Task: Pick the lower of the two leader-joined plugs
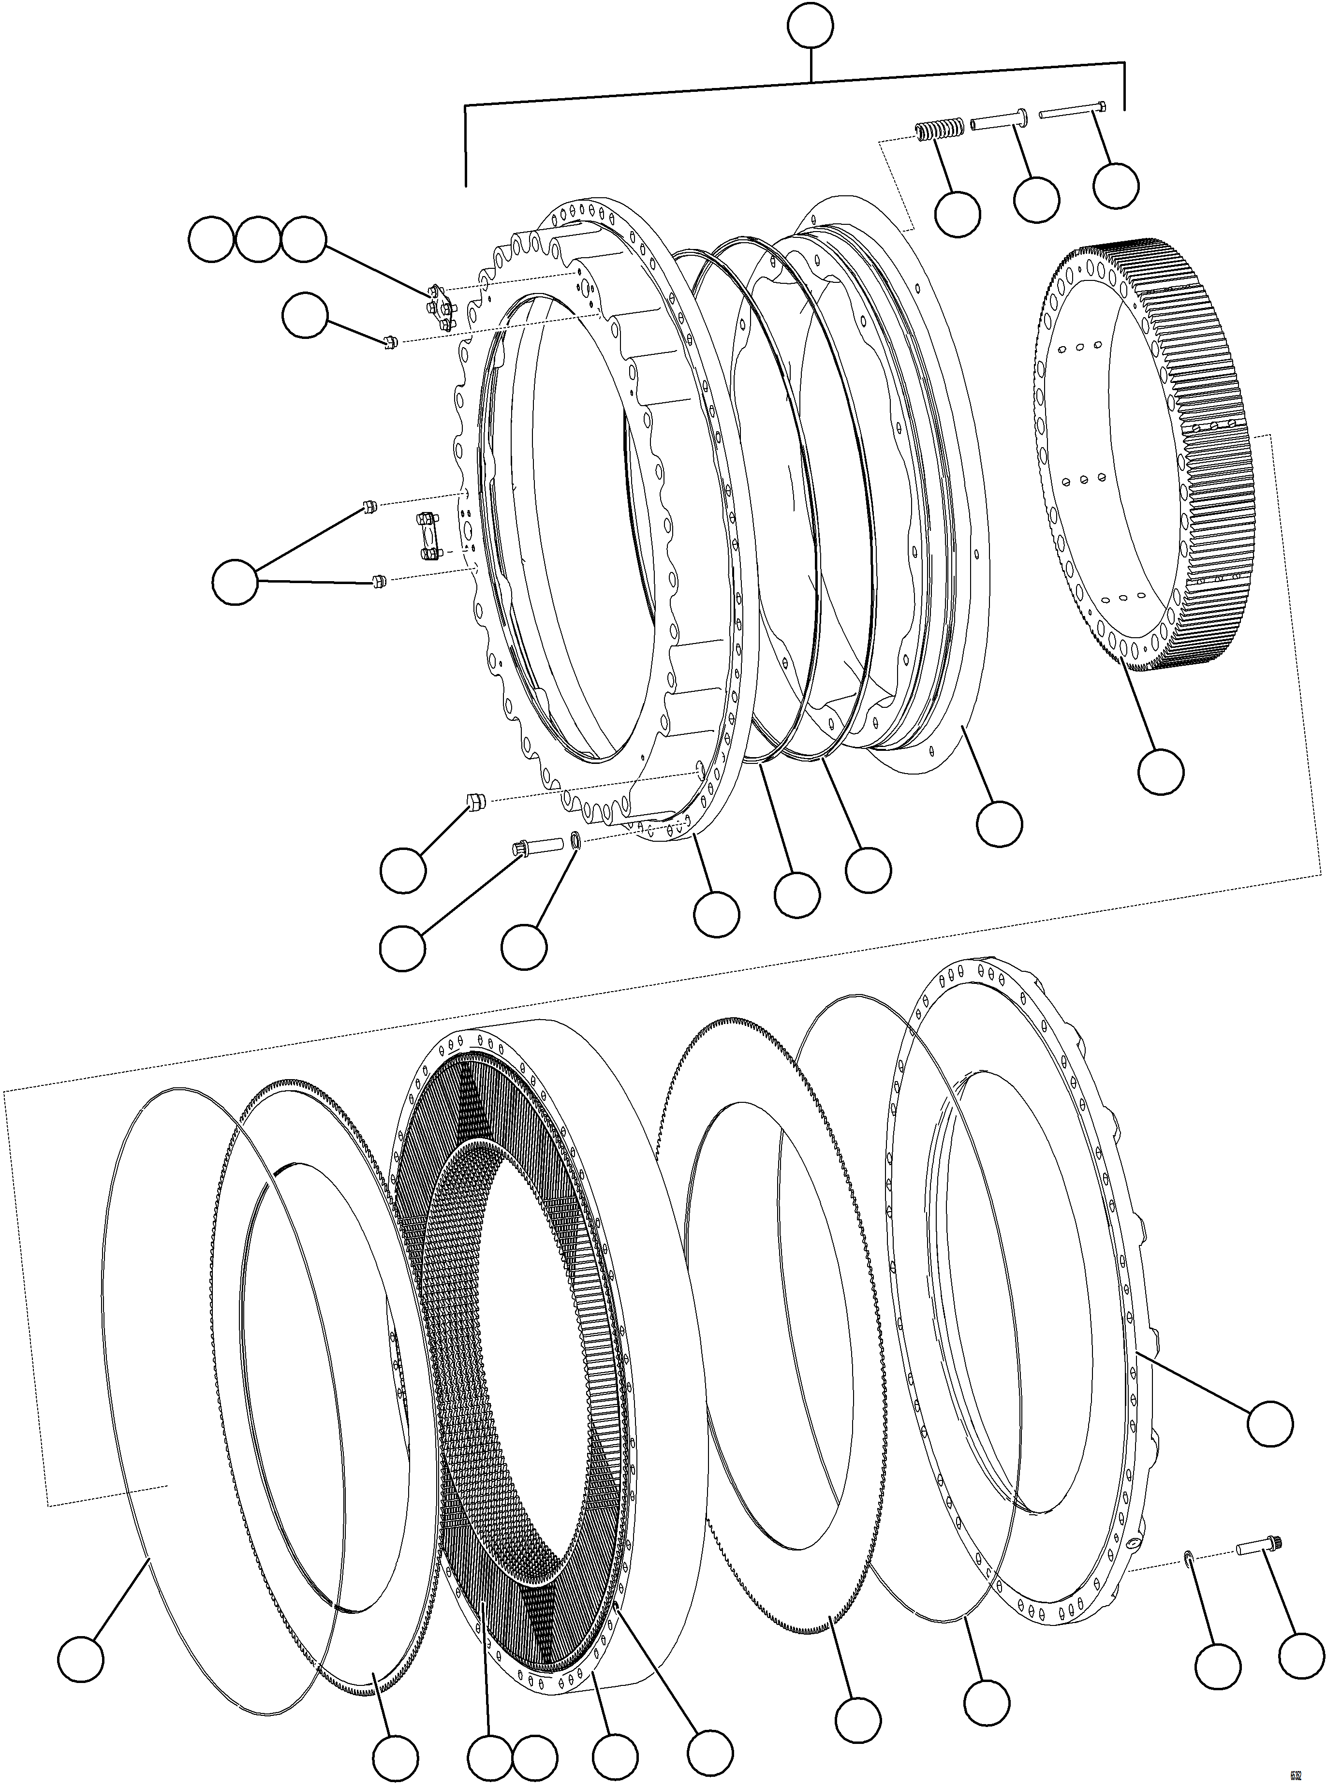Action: click(381, 580)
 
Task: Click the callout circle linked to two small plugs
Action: click(236, 582)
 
